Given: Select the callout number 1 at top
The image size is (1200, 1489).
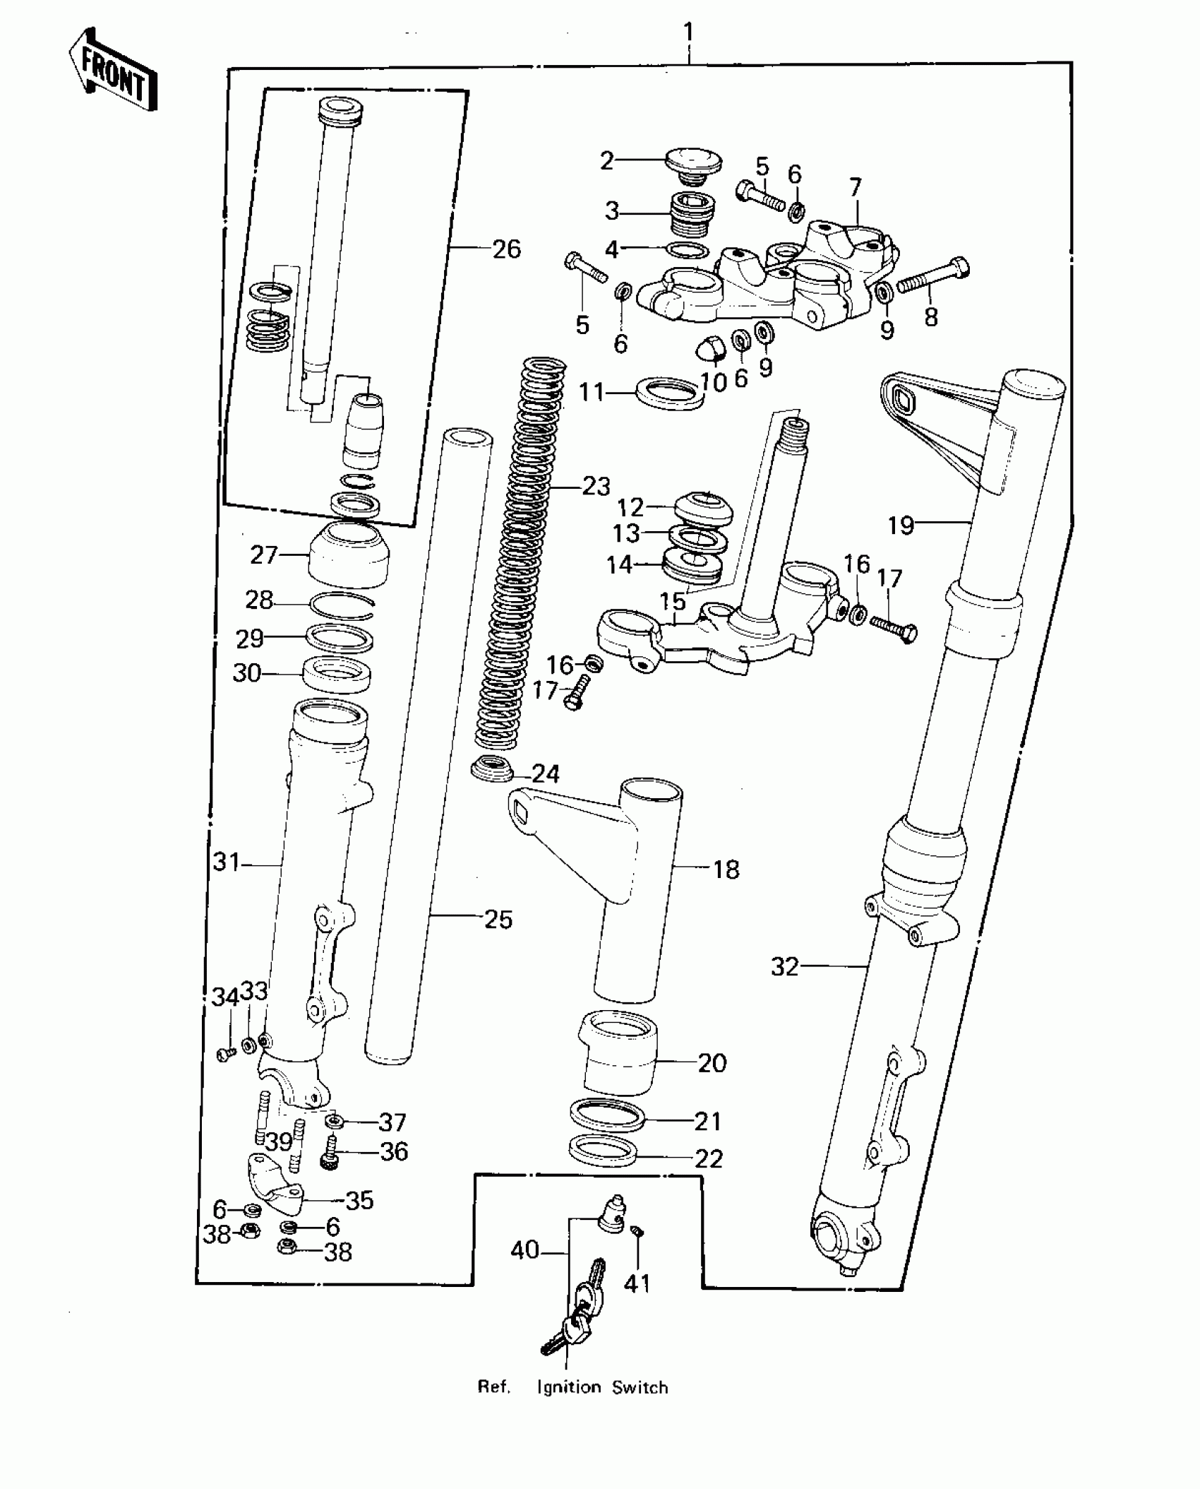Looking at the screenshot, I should click(x=688, y=32).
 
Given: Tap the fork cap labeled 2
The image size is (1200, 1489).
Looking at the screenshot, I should click(x=693, y=165).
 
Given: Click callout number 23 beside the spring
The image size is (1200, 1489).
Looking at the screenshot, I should click(x=596, y=486).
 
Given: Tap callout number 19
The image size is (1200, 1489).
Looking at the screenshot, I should click(x=900, y=525).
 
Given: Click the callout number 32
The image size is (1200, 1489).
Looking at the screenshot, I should click(x=784, y=966).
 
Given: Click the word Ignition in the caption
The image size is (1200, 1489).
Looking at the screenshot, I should click(x=569, y=1388).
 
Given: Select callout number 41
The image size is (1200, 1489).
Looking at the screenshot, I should click(x=637, y=1283).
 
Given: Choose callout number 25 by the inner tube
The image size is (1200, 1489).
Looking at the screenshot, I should click(x=498, y=920).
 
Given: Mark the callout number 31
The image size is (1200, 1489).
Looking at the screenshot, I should click(x=227, y=862).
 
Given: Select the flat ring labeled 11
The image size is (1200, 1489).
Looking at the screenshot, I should click(x=669, y=393).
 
